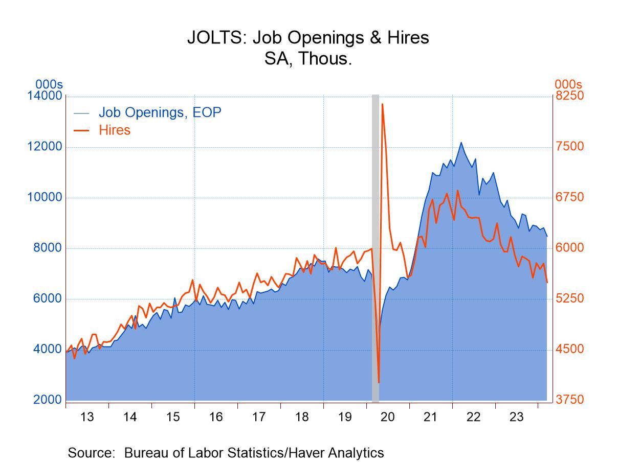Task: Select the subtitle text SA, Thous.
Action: coord(308,59)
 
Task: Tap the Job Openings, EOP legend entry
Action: coord(147,112)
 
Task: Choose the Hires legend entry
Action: coord(102,130)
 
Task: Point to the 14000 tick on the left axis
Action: coord(45,96)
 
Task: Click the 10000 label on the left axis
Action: coord(45,197)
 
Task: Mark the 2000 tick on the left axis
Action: coord(48,400)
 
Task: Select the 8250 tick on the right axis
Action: coord(569,96)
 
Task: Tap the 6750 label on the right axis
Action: coord(569,197)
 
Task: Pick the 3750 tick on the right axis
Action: coord(569,400)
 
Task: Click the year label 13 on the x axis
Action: coord(87,417)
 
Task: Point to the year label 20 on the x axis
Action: coord(388,417)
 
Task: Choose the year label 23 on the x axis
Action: coord(516,417)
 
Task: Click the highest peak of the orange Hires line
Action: coord(382,104)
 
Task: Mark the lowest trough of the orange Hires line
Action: coord(379,382)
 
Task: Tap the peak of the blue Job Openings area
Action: coord(461,143)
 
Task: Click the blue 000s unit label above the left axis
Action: coord(49,84)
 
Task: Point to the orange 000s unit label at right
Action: coord(568,84)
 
